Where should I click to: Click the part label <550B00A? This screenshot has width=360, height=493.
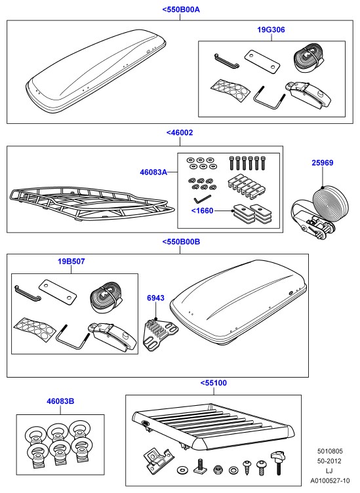click(181, 9)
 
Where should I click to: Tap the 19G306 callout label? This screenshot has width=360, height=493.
click(271, 30)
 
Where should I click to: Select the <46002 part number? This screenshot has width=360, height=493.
click(180, 132)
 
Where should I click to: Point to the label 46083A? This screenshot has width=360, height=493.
click(153, 172)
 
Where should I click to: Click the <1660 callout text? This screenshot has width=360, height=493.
click(202, 210)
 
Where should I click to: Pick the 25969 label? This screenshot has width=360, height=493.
click(322, 163)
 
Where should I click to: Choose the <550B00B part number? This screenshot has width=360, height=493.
click(181, 242)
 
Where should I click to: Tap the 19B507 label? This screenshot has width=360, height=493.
click(71, 262)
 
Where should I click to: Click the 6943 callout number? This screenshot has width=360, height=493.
click(155, 298)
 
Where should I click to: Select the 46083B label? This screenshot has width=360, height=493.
click(60, 401)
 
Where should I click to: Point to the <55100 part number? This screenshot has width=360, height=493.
click(214, 383)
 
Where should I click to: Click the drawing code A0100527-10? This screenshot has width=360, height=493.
click(330, 481)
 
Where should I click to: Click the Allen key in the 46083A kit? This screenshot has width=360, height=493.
click(201, 199)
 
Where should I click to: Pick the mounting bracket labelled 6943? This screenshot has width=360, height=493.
click(161, 333)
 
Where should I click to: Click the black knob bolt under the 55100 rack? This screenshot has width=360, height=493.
click(278, 462)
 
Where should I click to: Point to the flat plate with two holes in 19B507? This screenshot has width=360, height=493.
click(58, 289)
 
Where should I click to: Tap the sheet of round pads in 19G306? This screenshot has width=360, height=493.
click(231, 91)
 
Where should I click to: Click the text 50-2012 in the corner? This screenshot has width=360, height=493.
click(329, 462)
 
